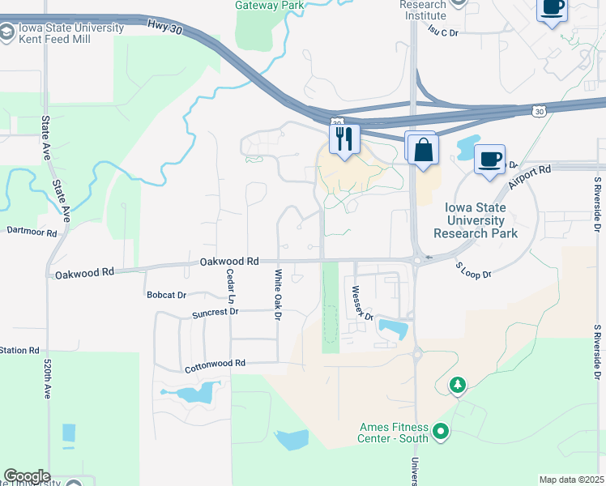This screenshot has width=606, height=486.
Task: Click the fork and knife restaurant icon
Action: tap(344, 139)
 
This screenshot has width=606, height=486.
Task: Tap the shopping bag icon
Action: tap(423, 149)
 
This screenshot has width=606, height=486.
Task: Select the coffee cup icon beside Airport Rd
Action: tap(489, 159)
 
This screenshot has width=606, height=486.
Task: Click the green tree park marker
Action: tap(459, 384)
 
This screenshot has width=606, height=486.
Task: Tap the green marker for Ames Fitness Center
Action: tap(441, 431)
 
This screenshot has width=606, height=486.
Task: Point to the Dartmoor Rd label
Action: tap(32, 232)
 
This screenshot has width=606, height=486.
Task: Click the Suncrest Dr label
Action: tap(215, 312)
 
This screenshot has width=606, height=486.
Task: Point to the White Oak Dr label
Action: tap(277, 294)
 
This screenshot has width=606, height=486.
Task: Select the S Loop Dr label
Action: tap(473, 270)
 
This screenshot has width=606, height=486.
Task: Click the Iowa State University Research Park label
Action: tap(475, 220)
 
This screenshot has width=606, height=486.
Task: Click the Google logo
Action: tap(27, 476)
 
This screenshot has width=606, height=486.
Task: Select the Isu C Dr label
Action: tap(443, 32)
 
